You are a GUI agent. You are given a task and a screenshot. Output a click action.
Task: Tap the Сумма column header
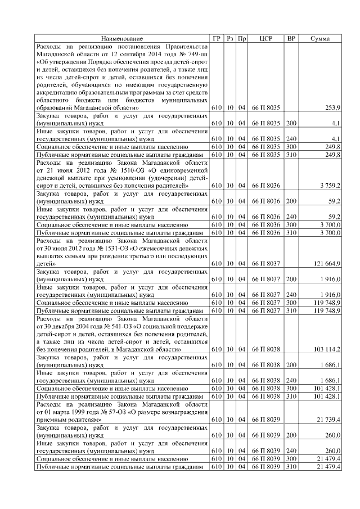[320, 38]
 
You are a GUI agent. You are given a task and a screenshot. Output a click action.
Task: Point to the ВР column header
[291, 38]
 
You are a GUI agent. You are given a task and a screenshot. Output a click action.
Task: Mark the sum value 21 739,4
[327, 419]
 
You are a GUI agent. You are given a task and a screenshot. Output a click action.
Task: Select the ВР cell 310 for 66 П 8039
[291, 466]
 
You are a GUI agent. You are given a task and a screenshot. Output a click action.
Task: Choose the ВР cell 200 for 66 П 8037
[291, 278]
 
